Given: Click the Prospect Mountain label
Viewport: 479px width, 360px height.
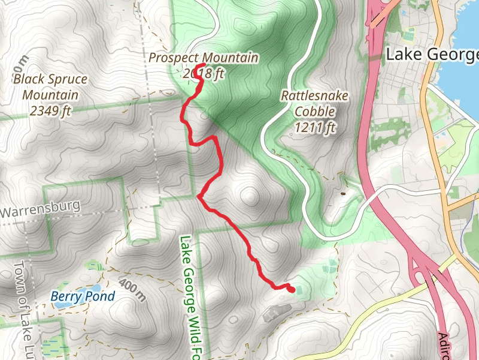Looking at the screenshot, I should (x=204, y=58).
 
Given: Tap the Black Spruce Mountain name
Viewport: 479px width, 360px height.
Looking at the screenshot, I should (x=50, y=87).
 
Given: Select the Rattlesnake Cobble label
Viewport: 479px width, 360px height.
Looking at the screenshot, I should (x=314, y=103).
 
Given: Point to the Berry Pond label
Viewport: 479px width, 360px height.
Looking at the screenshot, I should (x=82, y=296).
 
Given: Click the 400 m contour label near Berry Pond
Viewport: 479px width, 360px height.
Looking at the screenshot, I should (x=132, y=290).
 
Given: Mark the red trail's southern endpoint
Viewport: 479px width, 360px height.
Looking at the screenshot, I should (x=292, y=290).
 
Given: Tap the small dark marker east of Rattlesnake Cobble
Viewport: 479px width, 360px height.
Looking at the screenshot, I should (x=343, y=193).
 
